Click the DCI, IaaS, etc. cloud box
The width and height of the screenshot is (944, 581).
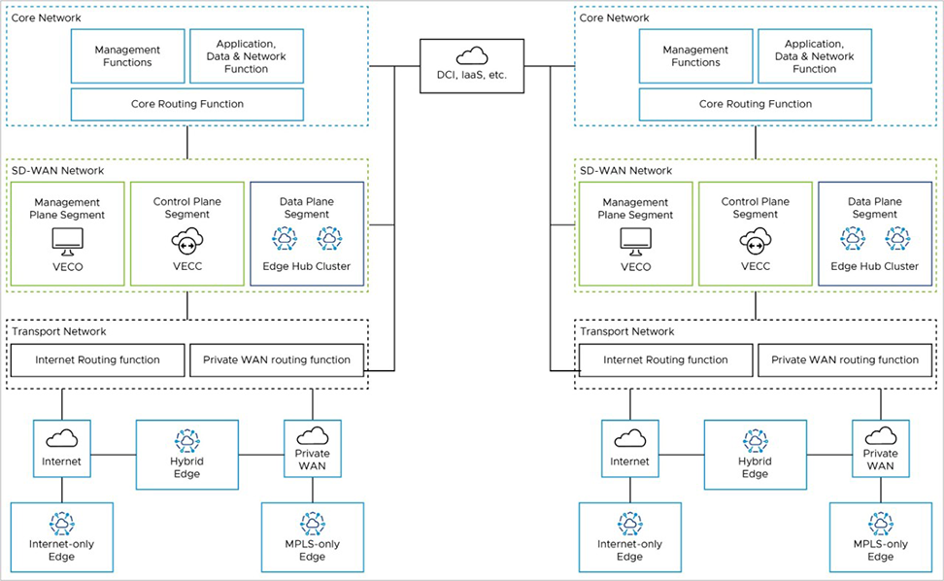pyautogui.click(x=472, y=66)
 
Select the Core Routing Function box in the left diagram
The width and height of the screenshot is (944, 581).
pyautogui.click(x=187, y=104)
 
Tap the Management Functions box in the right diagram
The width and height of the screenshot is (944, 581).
pyautogui.click(x=694, y=56)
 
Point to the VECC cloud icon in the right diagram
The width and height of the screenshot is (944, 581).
pyautogui.click(x=755, y=239)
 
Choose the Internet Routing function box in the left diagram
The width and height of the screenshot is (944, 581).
pyautogui.click(x=97, y=360)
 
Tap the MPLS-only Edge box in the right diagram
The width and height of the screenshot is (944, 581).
pyautogui.click(x=880, y=536)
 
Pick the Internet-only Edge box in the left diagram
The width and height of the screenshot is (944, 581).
pyautogui.click(x=61, y=536)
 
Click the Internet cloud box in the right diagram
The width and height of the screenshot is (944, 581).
pyautogui.click(x=629, y=448)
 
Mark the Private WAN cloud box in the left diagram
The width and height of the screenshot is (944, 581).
pyautogui.click(x=312, y=448)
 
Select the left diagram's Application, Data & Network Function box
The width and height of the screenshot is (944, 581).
pyautogui.click(x=246, y=56)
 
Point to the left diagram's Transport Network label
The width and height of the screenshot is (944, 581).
pyautogui.click(x=57, y=331)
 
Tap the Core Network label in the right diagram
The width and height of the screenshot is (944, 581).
pyautogui.click(x=614, y=18)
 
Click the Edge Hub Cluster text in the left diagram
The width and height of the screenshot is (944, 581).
pyautogui.click(x=306, y=266)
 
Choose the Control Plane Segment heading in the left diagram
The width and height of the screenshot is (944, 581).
pyautogui.click(x=186, y=208)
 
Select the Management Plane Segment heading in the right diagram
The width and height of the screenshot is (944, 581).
pyautogui.click(x=635, y=208)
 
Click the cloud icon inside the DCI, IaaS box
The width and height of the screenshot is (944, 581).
pyautogui.click(x=472, y=55)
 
